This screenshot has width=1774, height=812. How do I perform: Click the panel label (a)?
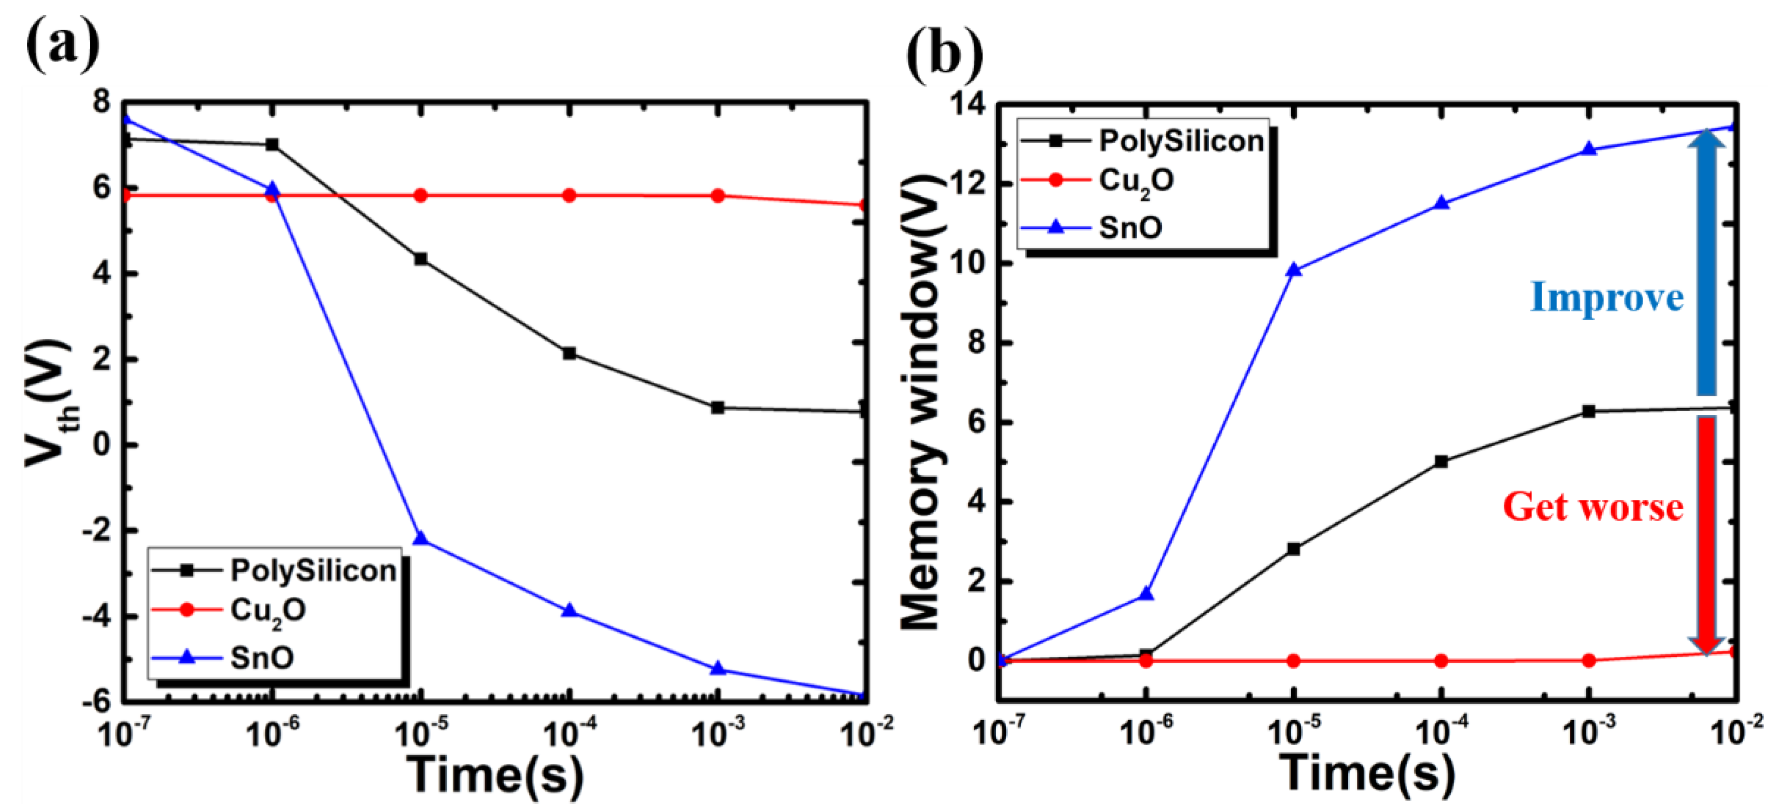point(63,43)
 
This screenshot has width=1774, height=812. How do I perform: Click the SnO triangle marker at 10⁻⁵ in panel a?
point(421,538)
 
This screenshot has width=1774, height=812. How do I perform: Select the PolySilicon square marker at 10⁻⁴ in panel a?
point(569,354)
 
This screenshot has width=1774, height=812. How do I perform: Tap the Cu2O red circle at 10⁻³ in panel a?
point(718,196)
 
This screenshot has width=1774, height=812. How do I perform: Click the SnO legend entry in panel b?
point(1130,227)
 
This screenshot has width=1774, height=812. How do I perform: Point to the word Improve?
point(1606,297)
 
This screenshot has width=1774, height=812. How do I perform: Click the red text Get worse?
point(1592,507)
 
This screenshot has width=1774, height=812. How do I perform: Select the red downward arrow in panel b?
point(1706,534)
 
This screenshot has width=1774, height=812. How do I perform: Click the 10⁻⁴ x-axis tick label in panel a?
point(569,733)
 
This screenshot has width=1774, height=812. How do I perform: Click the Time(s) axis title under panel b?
point(1367,773)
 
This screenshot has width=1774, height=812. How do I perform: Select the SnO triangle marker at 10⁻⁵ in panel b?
point(1293,269)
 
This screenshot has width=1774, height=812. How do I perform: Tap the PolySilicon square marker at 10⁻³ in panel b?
point(1589,411)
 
